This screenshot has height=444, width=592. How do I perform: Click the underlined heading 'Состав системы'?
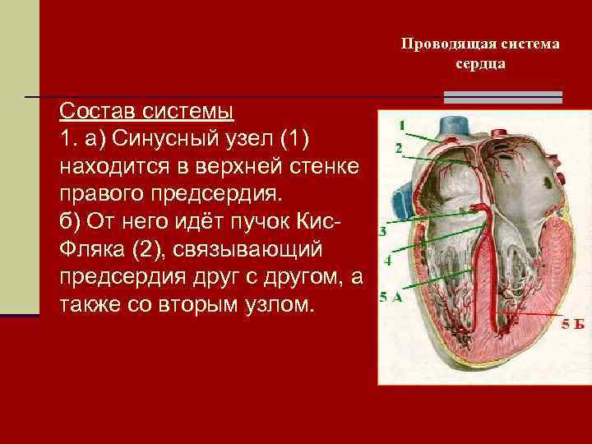coord(146,110)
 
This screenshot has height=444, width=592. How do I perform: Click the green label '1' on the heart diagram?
coord(402,125)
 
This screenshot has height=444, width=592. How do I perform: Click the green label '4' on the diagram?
coord(387,259)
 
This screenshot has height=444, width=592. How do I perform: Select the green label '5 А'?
coord(391,298)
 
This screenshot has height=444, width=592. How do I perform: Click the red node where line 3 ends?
coord(465,212)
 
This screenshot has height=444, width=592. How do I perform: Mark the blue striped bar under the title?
coord(502,97)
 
